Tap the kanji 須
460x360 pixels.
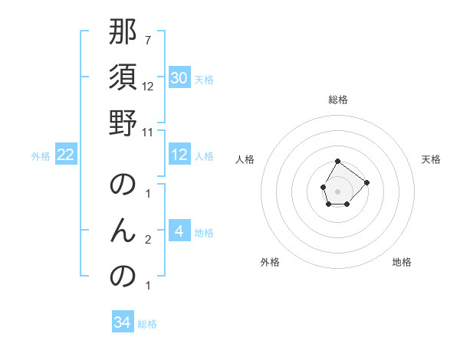[x=123, y=79]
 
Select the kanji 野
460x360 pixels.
[x=123, y=123]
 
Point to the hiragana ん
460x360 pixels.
[x=123, y=231]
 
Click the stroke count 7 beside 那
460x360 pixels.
[x=148, y=40]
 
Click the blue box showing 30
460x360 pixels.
[x=179, y=78]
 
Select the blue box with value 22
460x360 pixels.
[x=65, y=155]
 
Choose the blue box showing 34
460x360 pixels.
[x=122, y=322]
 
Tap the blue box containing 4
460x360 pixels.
[x=179, y=231]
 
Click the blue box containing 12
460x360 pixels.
[x=179, y=155]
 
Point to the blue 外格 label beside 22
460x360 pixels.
[x=41, y=156]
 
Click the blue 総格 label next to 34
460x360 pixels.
[x=147, y=324]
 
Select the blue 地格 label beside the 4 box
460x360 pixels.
[x=204, y=233]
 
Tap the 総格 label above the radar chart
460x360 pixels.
[x=338, y=100]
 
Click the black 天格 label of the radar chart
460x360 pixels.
[x=431, y=159]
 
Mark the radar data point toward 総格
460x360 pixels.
[x=338, y=162]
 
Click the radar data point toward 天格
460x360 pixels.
[x=366, y=182]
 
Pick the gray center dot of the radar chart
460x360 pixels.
[x=338, y=190]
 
